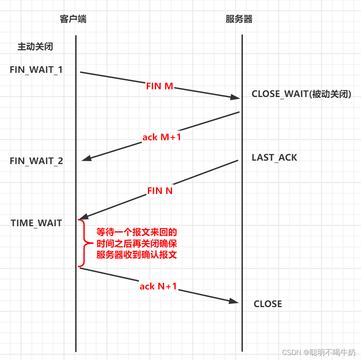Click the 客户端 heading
point(73,19)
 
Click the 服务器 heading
point(239,19)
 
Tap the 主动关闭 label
point(35,47)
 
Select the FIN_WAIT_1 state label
point(36,70)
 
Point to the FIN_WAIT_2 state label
point(36,161)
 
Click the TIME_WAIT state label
point(36,223)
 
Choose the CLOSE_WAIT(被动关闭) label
point(301,94)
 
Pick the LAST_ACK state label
point(274,158)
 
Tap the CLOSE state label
point(268,304)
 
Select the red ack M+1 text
point(162,137)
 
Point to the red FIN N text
point(160,191)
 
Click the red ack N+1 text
point(158,286)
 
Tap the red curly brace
point(82,243)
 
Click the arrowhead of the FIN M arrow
point(235,98)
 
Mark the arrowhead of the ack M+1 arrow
point(86,159)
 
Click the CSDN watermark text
point(318,352)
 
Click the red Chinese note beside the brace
point(136,243)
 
